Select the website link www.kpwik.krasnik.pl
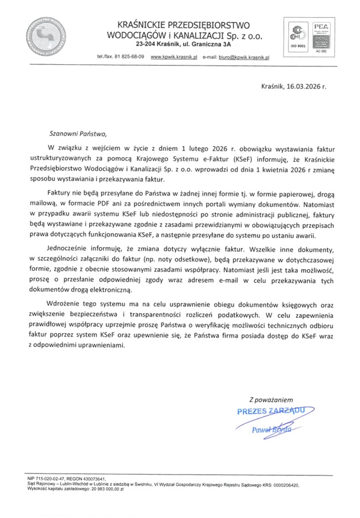click(x=174, y=58)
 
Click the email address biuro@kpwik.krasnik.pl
click(x=243, y=58)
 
